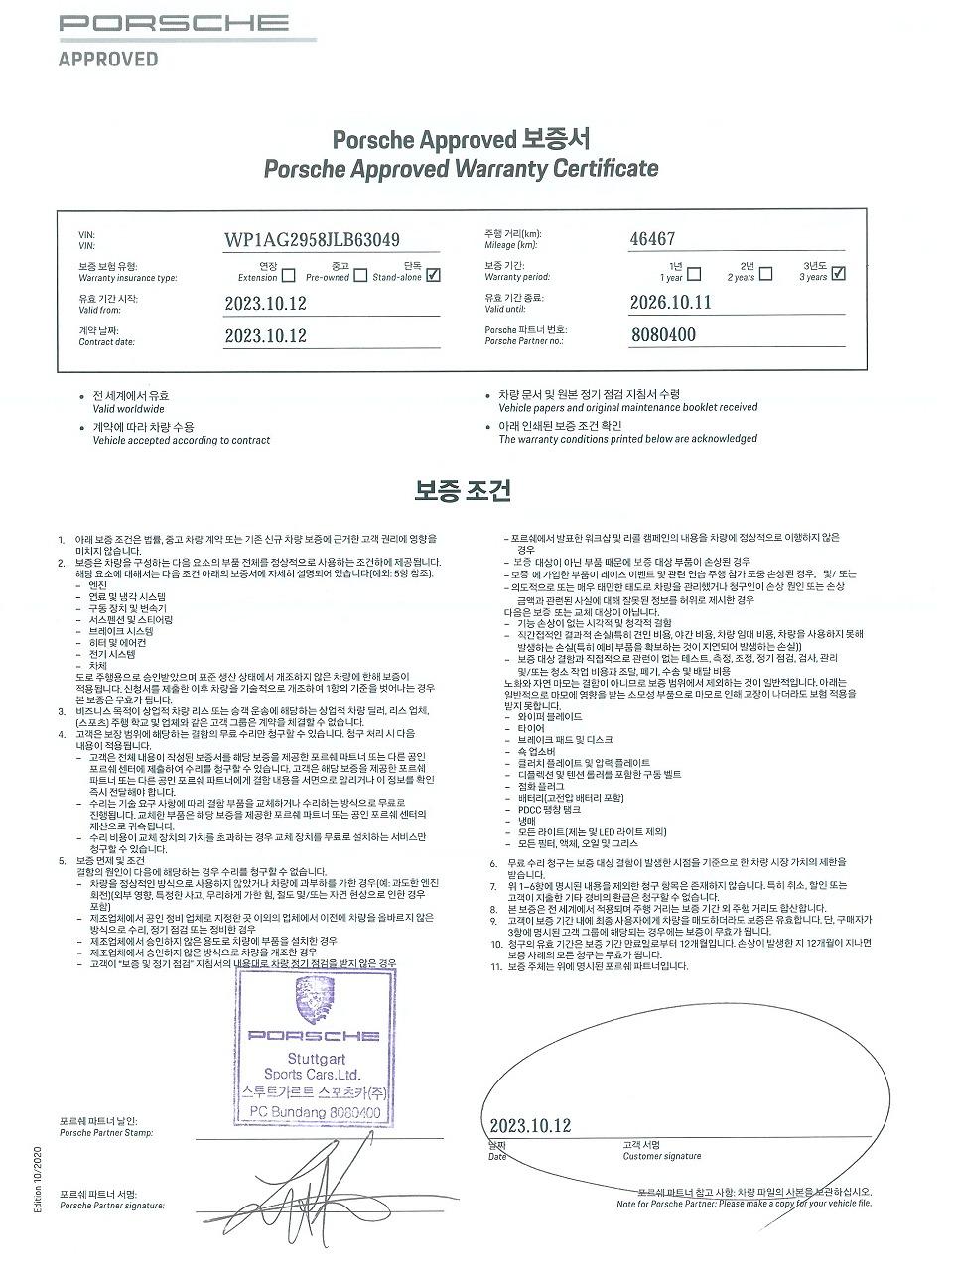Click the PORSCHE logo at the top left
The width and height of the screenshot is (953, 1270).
coord(174,23)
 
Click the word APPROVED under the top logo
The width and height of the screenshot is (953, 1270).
coord(108,60)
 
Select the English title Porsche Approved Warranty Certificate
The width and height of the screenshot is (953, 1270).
coord(461,169)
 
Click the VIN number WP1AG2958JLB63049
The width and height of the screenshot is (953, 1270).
coord(313,240)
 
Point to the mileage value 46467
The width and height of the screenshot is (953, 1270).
coord(653,239)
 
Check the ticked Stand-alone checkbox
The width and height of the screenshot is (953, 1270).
coord(433,275)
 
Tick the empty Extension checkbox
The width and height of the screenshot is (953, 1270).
coord(288,275)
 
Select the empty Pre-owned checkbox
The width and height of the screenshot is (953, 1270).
coord(360,275)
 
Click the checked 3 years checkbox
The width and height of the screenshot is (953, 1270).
coord(838,273)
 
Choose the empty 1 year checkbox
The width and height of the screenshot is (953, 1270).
coord(694,273)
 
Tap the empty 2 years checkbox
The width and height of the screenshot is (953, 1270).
coord(765,273)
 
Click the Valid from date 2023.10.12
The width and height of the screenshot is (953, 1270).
coord(266,304)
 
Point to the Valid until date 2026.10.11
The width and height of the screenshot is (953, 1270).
coord(671,303)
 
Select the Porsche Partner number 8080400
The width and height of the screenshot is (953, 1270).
coord(663,334)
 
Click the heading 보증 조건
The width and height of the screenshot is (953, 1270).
coord(463,490)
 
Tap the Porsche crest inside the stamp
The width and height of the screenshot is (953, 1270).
coord(314,1000)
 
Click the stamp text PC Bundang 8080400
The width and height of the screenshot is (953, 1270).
coord(314,1113)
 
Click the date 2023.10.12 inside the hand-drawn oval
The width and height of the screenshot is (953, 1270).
coord(531,1125)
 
